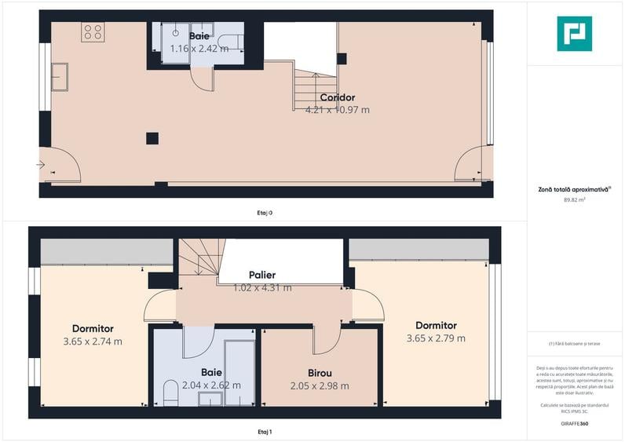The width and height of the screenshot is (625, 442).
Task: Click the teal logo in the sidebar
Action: (x=574, y=34)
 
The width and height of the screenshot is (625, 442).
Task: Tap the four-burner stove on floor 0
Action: (x=93, y=31)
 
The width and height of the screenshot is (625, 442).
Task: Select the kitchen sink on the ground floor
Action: (x=60, y=77)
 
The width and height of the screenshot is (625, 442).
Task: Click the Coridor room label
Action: (x=337, y=98)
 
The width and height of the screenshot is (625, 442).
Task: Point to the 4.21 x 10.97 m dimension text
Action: (x=337, y=110)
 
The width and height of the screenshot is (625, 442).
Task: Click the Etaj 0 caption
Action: (x=265, y=212)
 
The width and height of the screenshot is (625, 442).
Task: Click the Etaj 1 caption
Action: (x=265, y=432)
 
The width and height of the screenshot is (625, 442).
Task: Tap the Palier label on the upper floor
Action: (x=262, y=276)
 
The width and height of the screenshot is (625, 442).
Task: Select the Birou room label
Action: (x=319, y=374)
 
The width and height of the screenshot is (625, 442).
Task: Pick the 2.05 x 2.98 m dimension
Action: (x=319, y=385)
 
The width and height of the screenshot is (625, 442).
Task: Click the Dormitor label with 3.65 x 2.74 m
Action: (x=93, y=329)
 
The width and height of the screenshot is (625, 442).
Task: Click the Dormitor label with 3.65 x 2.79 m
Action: (x=436, y=326)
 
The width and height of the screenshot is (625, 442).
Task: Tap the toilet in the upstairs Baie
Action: (x=170, y=392)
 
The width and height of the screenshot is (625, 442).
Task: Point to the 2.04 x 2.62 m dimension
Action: (x=211, y=385)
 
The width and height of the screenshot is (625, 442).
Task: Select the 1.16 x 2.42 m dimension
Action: (x=199, y=49)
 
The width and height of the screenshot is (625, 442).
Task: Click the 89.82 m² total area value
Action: (x=574, y=200)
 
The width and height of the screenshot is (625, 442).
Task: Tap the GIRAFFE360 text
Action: (x=574, y=424)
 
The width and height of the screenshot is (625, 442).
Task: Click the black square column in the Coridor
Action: (x=152, y=139)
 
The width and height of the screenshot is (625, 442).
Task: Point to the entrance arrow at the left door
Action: (x=41, y=164)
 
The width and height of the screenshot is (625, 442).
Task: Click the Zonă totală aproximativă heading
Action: (x=572, y=188)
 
